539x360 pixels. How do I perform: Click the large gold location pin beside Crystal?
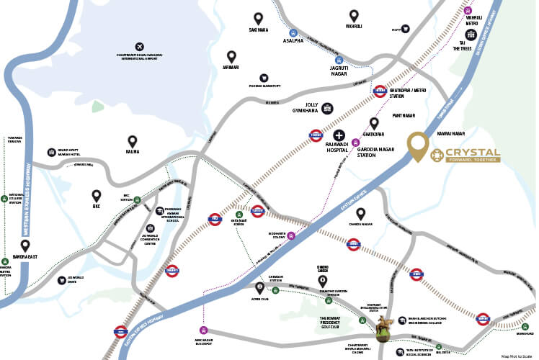416,147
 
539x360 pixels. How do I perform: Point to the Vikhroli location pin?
354,15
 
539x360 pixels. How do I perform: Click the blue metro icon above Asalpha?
293,32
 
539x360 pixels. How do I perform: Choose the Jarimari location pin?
231,56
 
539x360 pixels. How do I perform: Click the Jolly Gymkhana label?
306,108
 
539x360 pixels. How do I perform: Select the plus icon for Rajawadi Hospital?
338,135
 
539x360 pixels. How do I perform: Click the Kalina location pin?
132,141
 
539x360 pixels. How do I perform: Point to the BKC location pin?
97,194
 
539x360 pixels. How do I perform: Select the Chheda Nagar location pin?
361,213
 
